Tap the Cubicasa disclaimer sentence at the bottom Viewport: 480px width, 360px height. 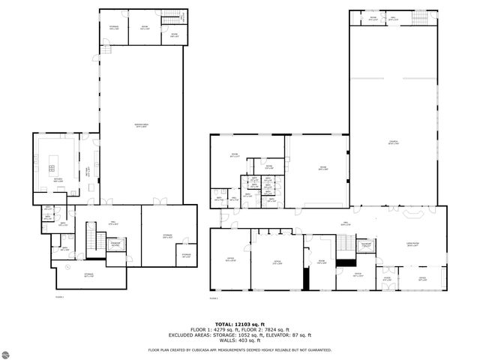[x=240, y=349]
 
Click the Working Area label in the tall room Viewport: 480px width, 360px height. [x=140, y=125]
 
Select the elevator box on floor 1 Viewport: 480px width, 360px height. [x=115, y=244]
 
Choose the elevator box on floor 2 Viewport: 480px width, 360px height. [x=367, y=245]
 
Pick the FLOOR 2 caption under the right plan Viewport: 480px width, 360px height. [x=214, y=297]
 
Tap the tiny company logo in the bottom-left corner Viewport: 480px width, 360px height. [x=10, y=351]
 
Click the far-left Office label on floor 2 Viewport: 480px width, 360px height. [x=229, y=260]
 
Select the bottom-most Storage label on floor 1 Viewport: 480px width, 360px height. [x=88, y=274]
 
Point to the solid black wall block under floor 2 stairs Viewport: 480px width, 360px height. [x=346, y=262]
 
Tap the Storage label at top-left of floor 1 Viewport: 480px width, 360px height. [x=114, y=27]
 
